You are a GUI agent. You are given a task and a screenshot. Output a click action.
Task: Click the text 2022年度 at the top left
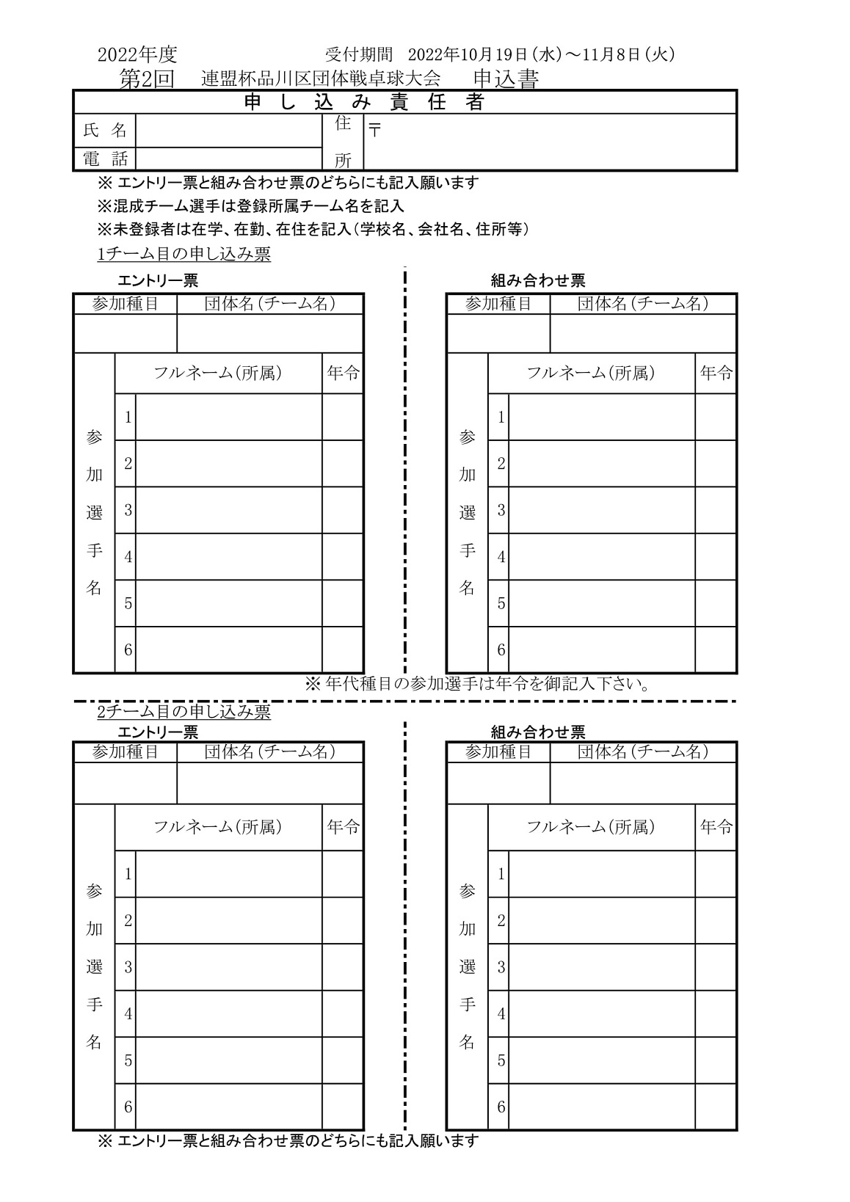click(137, 54)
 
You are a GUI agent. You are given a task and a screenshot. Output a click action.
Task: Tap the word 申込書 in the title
click(506, 79)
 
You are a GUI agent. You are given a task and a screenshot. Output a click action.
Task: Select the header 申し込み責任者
click(364, 103)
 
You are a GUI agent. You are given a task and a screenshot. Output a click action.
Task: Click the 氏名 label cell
click(105, 131)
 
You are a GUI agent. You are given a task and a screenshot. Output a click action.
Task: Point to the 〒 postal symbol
click(375, 131)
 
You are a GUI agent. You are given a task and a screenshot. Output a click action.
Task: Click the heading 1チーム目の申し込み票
click(184, 254)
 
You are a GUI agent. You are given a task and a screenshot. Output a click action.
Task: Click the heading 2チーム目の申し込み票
click(184, 712)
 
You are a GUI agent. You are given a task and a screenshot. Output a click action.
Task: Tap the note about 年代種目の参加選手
click(477, 684)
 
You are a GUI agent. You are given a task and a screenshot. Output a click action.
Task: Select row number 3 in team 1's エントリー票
click(128, 510)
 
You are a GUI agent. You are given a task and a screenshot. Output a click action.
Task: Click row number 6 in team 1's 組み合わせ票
click(501, 649)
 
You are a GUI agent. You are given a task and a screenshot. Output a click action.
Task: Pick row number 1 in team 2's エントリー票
click(128, 874)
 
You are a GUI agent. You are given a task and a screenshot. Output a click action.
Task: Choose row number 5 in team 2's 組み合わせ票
click(501, 1060)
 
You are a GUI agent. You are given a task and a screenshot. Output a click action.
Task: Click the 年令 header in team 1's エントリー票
click(343, 374)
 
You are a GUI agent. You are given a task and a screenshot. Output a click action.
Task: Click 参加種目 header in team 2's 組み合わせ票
click(498, 752)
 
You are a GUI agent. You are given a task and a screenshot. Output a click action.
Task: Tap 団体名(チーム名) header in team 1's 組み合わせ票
click(642, 304)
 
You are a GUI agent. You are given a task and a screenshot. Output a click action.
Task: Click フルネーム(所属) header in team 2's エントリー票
click(217, 827)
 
